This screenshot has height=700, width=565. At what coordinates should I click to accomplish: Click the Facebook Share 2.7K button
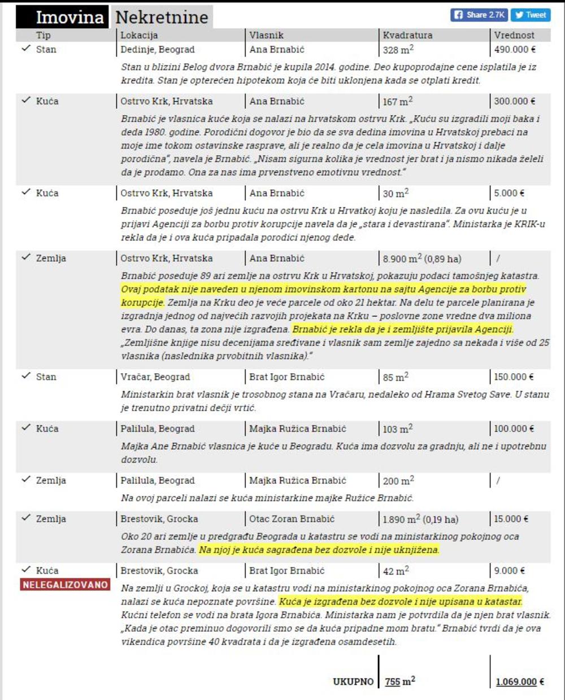click(479, 15)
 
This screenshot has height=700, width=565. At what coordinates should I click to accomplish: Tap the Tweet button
click(530, 15)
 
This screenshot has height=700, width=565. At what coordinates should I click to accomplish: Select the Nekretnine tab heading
click(162, 17)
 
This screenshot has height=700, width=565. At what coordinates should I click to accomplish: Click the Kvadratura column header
click(407, 35)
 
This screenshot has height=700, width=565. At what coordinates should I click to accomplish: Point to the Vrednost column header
click(514, 35)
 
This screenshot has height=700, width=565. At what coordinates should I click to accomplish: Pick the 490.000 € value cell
click(515, 50)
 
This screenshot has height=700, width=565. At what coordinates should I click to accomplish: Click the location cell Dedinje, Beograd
click(158, 50)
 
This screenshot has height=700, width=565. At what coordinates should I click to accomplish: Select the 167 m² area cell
click(398, 102)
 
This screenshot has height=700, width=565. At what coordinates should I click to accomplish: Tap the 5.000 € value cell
click(509, 193)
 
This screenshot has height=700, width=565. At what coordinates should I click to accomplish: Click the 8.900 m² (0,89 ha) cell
click(422, 259)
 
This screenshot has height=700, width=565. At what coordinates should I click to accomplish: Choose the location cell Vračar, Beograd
click(155, 377)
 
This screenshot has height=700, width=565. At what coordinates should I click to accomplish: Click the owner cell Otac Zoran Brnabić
click(292, 519)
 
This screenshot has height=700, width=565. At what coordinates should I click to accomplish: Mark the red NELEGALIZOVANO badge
click(65, 584)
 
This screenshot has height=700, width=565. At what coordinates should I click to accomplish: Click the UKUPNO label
click(353, 681)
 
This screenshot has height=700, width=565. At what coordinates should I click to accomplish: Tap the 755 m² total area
click(400, 681)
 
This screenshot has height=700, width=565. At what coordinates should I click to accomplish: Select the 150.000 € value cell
click(514, 377)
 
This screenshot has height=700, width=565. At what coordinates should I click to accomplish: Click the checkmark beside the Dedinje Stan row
click(25, 49)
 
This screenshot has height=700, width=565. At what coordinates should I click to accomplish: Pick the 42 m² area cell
click(395, 571)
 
